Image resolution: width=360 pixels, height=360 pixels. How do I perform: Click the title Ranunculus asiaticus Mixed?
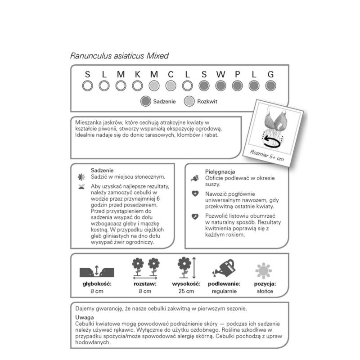pyautogui.click(x=119, y=56)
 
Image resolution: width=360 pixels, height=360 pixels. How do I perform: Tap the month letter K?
pyautogui.click(x=137, y=74)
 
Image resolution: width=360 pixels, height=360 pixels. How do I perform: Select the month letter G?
pyautogui.click(x=270, y=74)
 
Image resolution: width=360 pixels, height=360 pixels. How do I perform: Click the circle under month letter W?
pyautogui.click(x=220, y=85)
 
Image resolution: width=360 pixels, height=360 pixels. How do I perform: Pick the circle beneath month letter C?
pyautogui.click(x=171, y=85)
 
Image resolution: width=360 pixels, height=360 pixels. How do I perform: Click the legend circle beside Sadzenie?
pyautogui.click(x=145, y=101)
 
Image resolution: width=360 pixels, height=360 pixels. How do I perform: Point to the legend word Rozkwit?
pyautogui.click(x=207, y=101)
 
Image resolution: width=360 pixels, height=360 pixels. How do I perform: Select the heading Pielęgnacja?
pyautogui.click(x=220, y=172)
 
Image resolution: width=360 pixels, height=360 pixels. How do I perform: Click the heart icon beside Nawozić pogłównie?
pyautogui.click(x=195, y=194)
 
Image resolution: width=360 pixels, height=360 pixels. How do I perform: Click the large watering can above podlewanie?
pyautogui.click(x=224, y=268)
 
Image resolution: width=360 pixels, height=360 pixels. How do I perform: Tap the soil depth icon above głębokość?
pyautogui.click(x=97, y=271)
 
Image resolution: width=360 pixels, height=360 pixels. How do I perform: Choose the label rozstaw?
pyautogui.click(x=144, y=284)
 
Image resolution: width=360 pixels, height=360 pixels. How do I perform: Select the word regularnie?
pyautogui.click(x=224, y=292)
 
